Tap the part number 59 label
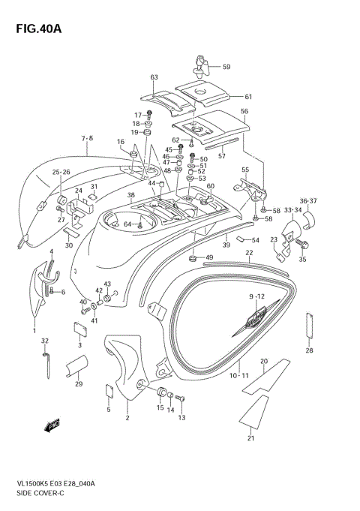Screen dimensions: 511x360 pyautogui.click(x=226, y=67)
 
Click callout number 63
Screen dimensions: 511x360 pyautogui.click(x=154, y=77)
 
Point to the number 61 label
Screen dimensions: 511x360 pyautogui.click(x=249, y=96)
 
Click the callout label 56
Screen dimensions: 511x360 pyautogui.click(x=244, y=111)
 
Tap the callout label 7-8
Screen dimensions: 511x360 pyautogui.click(x=87, y=139)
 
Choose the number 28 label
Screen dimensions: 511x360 pyautogui.click(x=309, y=350)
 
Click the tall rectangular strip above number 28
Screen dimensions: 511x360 pyautogui.click(x=308, y=324)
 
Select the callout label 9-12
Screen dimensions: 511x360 pyautogui.click(x=258, y=296)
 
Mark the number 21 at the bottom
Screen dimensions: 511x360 pyautogui.click(x=250, y=439)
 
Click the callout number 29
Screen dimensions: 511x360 pyautogui.click(x=79, y=384)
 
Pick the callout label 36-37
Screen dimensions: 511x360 pyautogui.click(x=310, y=200)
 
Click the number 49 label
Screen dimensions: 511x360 pyautogui.click(x=208, y=257)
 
